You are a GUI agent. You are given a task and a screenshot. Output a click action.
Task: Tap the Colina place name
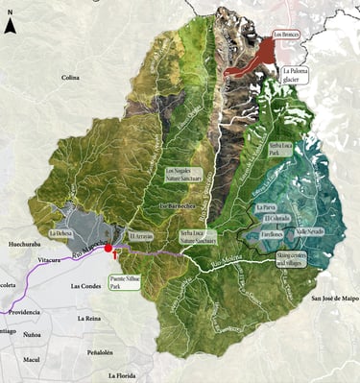pyautogui.click(x=70, y=78)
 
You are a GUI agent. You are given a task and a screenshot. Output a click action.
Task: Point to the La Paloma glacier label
pyautogui.click(x=295, y=75)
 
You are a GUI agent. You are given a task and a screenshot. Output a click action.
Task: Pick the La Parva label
pyautogui.click(x=266, y=206)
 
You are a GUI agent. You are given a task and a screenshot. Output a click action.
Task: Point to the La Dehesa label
pyautogui.click(x=60, y=233)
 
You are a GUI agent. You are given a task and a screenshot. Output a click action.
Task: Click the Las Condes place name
pyautogui.click(x=87, y=286)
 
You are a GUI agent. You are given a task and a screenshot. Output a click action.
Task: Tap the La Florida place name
pyautogui.click(x=125, y=375)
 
